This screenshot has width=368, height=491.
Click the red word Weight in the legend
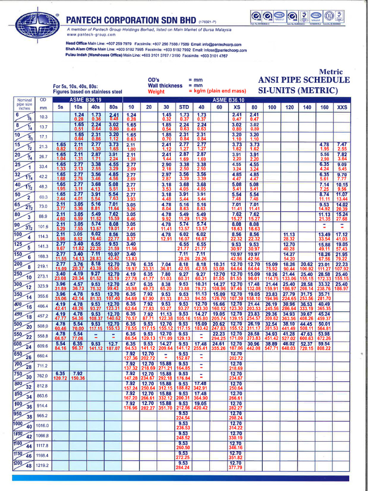(x=156, y=91)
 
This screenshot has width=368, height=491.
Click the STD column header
(x=183, y=107)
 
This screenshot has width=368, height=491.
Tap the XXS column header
(x=342, y=107)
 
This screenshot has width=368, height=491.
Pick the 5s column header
(x=61, y=107)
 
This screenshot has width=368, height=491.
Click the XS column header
(x=237, y=107)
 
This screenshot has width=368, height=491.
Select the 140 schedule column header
(x=307, y=107)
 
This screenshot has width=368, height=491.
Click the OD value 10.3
(x=44, y=117)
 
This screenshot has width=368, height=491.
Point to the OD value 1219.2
(x=43, y=466)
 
